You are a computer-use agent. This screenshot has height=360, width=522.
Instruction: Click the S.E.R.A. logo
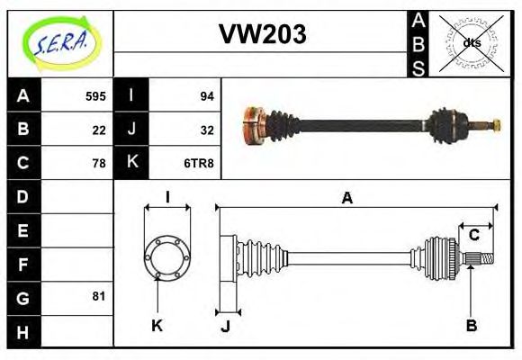click(x=59, y=42)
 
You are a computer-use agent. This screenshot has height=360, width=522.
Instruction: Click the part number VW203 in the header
click(x=263, y=34)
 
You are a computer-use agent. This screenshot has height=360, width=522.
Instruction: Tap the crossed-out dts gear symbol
click(x=472, y=42)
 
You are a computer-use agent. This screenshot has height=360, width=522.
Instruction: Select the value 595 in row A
click(x=95, y=95)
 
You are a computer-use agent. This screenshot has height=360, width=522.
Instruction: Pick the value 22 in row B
click(x=99, y=130)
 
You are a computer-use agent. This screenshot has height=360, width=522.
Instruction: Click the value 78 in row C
click(x=99, y=163)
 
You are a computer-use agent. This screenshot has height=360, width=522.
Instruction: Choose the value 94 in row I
click(x=206, y=95)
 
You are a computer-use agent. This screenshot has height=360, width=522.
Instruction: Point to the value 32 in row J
click(x=206, y=130)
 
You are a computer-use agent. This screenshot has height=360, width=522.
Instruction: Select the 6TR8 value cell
click(x=199, y=163)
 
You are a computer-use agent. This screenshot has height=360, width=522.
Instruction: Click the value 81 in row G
click(x=99, y=295)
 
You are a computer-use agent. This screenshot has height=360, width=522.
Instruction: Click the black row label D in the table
click(x=23, y=196)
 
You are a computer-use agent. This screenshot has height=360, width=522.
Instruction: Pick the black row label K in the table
click(x=131, y=163)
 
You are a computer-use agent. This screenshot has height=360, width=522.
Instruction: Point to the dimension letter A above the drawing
click(x=346, y=198)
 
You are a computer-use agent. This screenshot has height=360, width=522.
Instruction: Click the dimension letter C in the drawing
click(x=473, y=236)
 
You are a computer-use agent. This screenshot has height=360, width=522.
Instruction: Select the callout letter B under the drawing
click(x=471, y=326)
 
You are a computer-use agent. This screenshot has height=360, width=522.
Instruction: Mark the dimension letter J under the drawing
click(x=225, y=326)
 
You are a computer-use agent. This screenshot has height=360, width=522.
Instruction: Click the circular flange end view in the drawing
click(x=166, y=256)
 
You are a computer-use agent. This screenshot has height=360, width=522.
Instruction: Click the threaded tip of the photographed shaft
click(x=494, y=122)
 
